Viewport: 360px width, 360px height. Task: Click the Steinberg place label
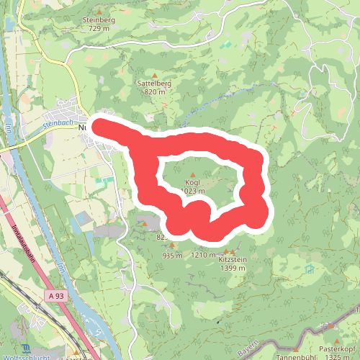pos(99,19)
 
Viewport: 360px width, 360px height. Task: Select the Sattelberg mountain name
pos(154,83)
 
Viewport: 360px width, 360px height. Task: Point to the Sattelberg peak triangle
pos(154,74)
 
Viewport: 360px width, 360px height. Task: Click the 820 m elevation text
pos(154,91)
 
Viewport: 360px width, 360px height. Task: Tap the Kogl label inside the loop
pos(192,182)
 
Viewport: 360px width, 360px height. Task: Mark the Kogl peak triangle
pos(192,174)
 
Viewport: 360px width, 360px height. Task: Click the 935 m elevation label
pos(173,256)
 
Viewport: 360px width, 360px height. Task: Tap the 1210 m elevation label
pos(204,255)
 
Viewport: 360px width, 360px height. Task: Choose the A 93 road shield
pos(58,296)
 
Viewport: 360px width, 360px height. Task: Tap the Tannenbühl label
pos(294,356)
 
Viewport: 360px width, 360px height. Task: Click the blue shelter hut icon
pos(310,269)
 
